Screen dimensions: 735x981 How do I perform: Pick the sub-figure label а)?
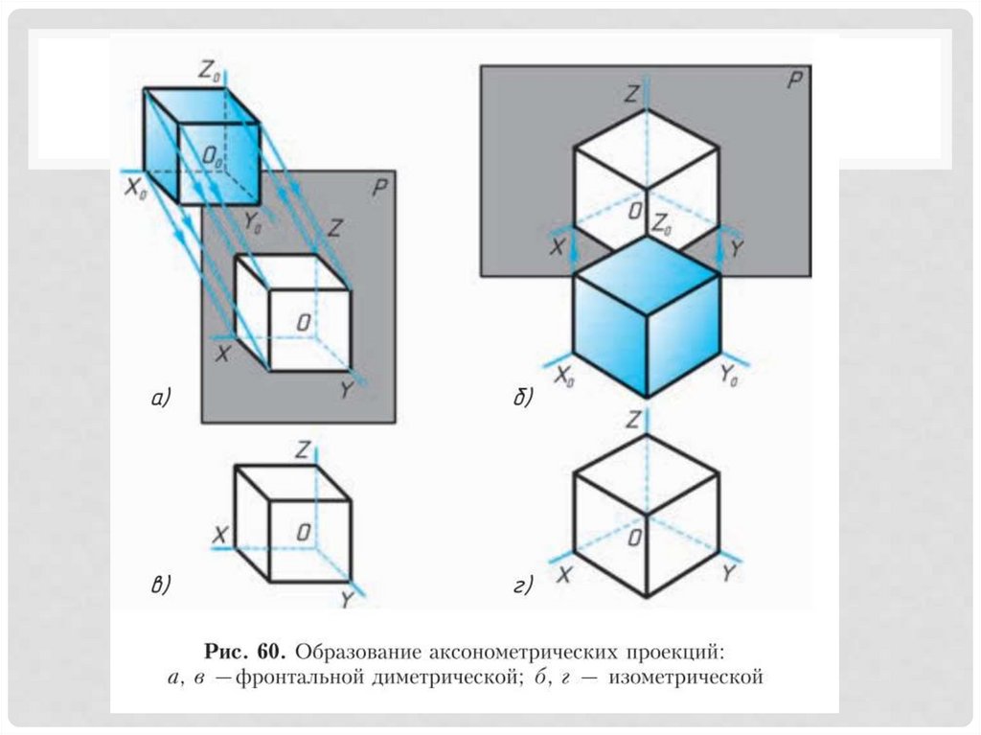(159, 398)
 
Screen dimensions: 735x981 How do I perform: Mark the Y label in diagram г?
(728, 574)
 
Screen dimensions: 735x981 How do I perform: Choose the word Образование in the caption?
(357, 653)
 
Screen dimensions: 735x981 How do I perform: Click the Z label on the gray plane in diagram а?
(334, 228)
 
